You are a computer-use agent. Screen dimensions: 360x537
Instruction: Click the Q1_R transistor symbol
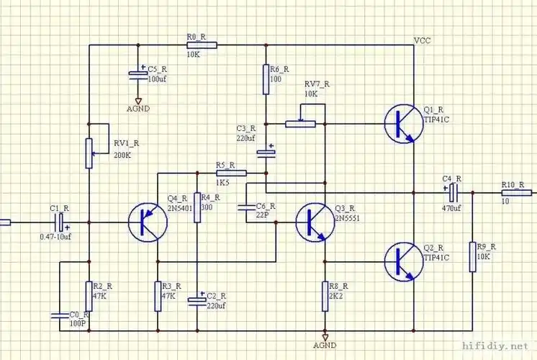(x=402, y=123)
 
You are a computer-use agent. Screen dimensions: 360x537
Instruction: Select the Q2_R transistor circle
(x=402, y=261)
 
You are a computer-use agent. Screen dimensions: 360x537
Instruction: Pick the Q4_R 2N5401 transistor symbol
(x=148, y=222)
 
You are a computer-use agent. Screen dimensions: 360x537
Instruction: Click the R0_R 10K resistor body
(x=199, y=45)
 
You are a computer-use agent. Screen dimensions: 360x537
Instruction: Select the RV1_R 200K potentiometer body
(x=89, y=153)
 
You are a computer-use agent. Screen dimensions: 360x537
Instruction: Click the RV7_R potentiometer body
(x=300, y=124)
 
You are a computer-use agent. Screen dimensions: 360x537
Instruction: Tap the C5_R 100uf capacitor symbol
(x=137, y=74)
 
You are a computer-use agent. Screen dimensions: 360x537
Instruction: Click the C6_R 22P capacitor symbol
(x=245, y=207)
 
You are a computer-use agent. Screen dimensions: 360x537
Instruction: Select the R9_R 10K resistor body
(x=473, y=257)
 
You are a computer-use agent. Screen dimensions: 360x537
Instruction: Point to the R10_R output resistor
(x=517, y=192)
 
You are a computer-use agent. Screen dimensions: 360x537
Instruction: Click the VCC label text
(x=423, y=41)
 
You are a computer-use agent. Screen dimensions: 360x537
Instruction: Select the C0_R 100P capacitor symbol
(x=59, y=315)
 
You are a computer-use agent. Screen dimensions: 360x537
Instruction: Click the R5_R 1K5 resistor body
(x=231, y=173)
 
